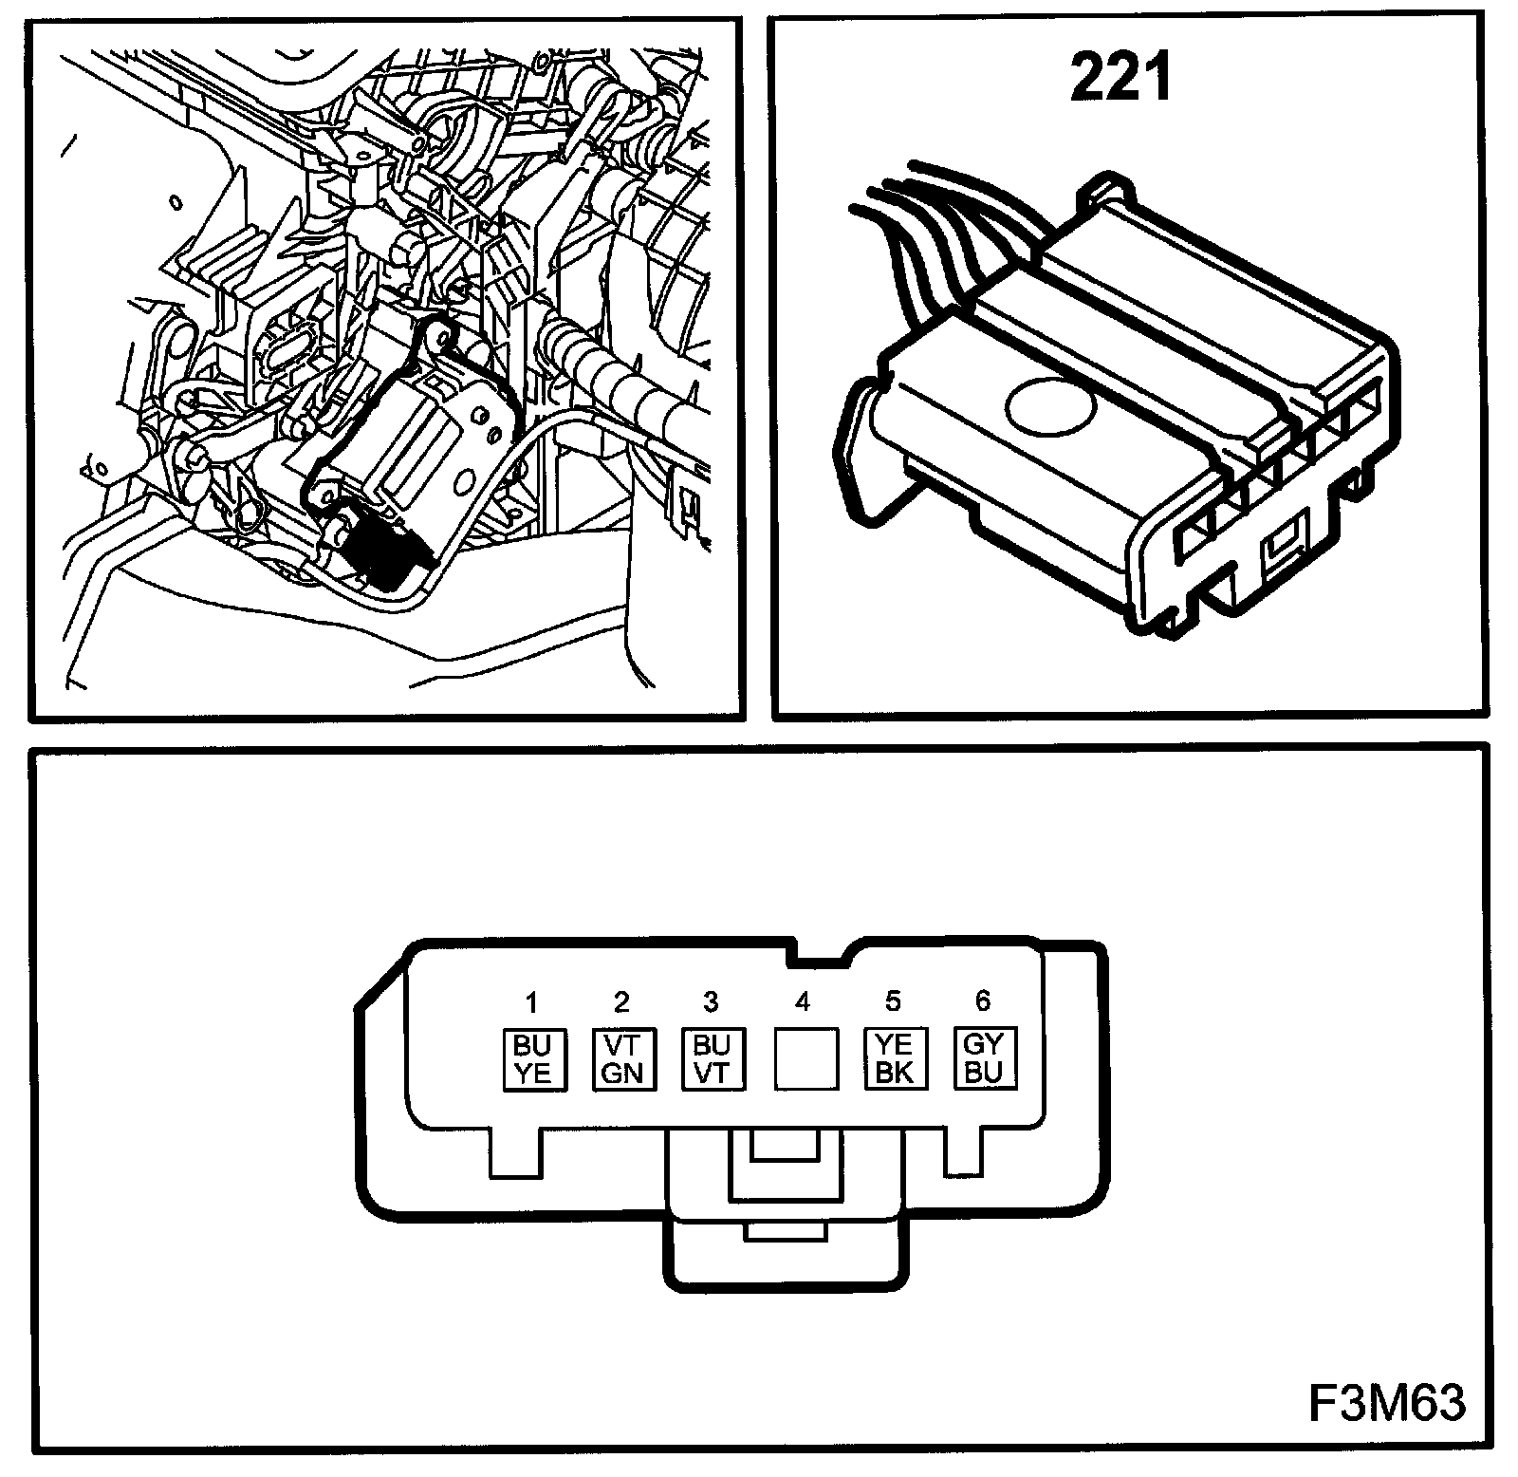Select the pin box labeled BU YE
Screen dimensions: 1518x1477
(532, 1059)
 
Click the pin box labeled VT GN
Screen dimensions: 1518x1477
(622, 1059)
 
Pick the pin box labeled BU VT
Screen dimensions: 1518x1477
(712, 1059)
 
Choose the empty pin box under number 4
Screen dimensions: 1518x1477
(804, 1059)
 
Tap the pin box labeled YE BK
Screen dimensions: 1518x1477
(894, 1059)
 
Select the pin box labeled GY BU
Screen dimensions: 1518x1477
(984, 1058)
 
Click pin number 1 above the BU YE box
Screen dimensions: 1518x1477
(532, 1002)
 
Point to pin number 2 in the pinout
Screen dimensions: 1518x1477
(622, 1002)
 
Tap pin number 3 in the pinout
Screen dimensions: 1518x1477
(712, 1002)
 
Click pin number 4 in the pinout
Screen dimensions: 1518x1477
(803, 1002)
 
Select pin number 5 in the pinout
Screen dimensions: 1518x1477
(893, 1001)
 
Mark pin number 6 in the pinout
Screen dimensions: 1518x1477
(983, 1000)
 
